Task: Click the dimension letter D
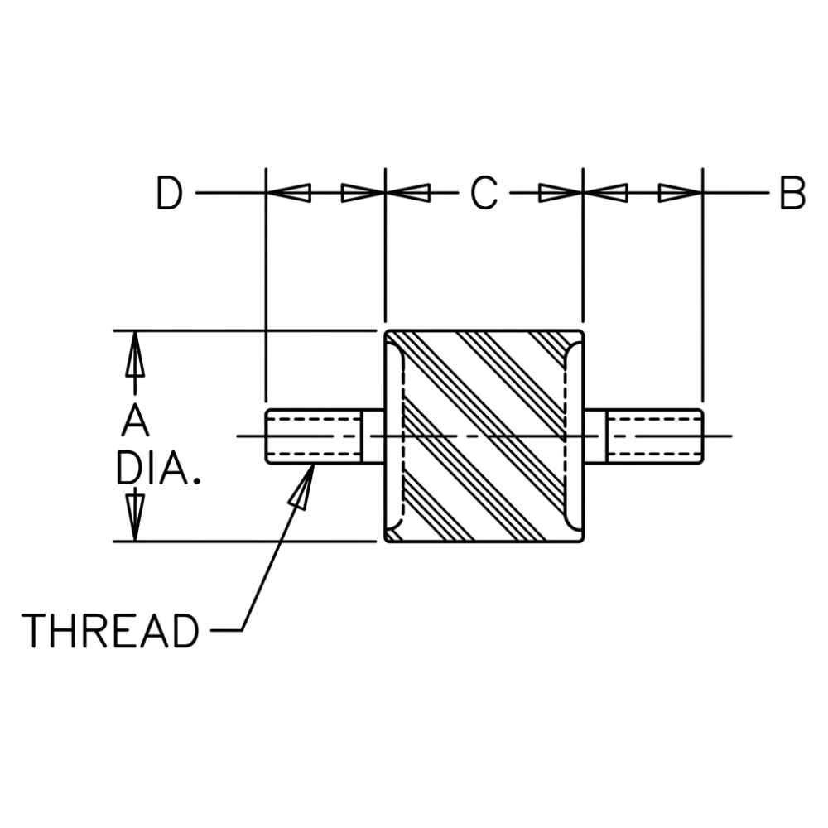pos(169,194)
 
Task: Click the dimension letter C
pos(484,194)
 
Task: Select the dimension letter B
pos(792,194)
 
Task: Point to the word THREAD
pos(110,631)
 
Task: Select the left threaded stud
pos(315,436)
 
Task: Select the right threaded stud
pos(654,436)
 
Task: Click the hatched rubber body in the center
pos(484,436)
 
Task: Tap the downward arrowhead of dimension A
pos(134,522)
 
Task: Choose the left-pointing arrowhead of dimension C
pos(409,194)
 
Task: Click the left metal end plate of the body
pos(392,436)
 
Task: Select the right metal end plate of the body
pos(577,436)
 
